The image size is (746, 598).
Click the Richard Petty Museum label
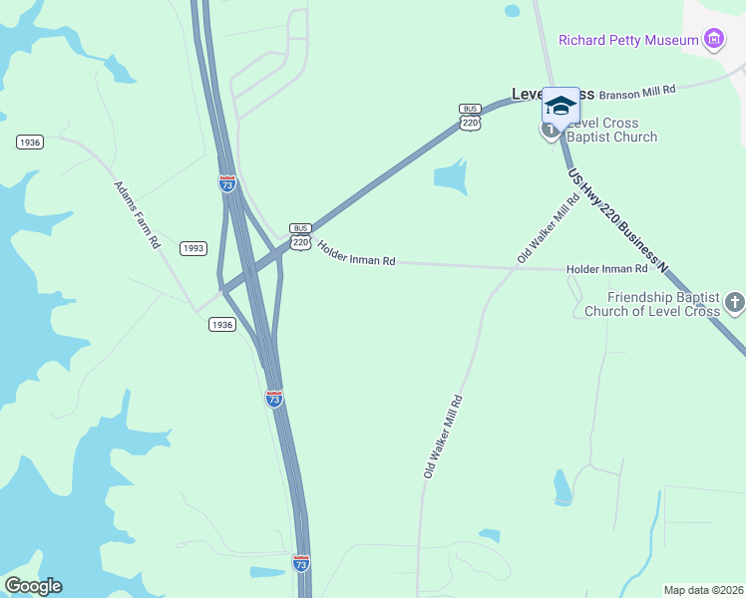(x=627, y=41)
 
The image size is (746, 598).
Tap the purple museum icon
(x=713, y=40)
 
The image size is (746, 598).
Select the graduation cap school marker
(x=560, y=106)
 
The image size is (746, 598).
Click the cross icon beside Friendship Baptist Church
(x=735, y=301)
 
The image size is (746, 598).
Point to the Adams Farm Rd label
(x=138, y=214)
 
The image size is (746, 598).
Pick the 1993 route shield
(x=193, y=247)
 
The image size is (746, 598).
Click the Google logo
(x=33, y=586)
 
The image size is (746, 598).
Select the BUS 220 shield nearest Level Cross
(x=470, y=117)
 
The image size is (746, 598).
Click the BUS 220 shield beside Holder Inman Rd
(x=300, y=236)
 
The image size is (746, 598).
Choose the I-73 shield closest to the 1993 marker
(x=227, y=182)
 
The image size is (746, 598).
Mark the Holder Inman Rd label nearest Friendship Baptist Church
(x=606, y=269)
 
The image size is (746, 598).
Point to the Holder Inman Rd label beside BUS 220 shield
(x=356, y=253)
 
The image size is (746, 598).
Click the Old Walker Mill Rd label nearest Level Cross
(x=549, y=228)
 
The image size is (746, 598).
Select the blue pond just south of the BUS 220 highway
(x=450, y=177)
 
